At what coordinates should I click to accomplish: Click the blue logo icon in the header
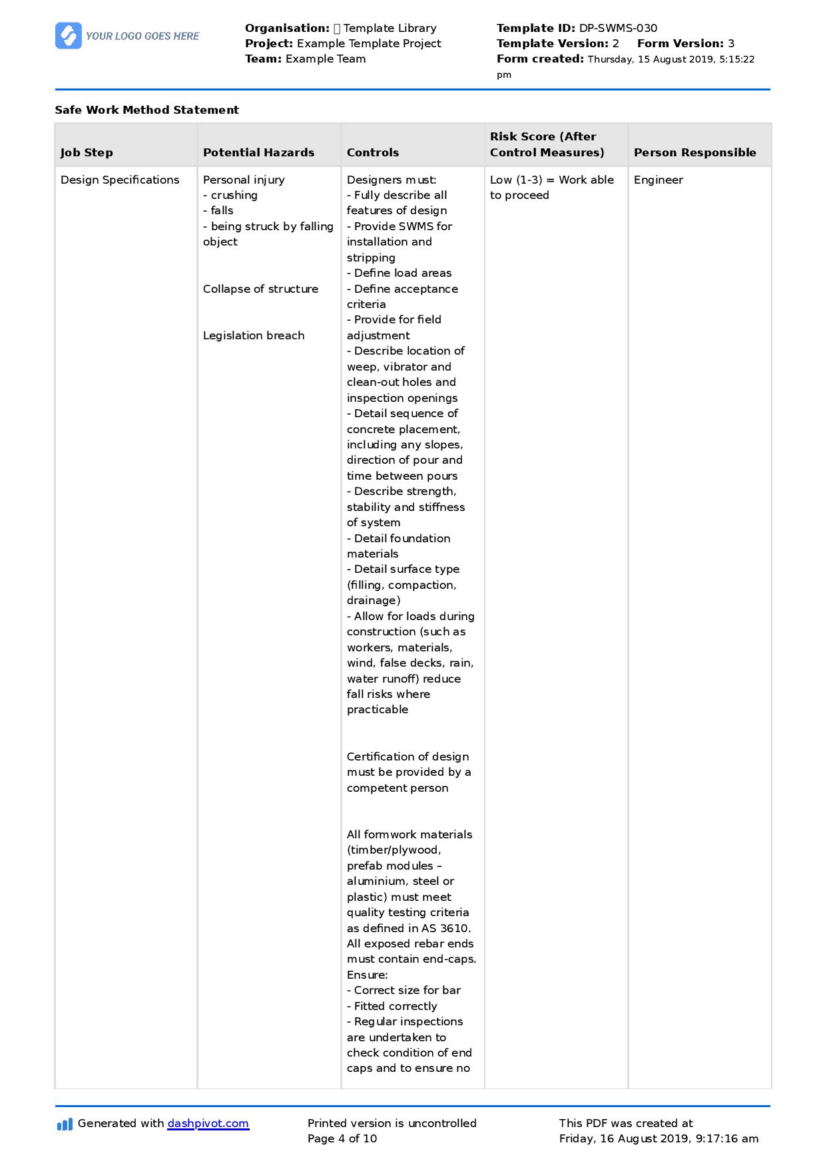pos(69,36)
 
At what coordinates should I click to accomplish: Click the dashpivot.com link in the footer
pos(208,1123)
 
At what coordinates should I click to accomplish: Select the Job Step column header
pos(87,152)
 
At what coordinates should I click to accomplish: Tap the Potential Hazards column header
pos(258,152)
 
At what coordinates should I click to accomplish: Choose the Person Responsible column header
pos(694,152)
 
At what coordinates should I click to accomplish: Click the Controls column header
pos(373,152)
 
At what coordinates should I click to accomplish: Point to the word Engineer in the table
pos(658,180)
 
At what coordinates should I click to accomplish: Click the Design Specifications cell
pos(120,180)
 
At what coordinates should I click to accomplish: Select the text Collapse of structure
pos(260,289)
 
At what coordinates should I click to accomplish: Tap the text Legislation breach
pos(254,335)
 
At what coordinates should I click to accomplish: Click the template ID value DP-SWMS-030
pos(618,28)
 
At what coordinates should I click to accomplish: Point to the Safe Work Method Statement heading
pos(146,110)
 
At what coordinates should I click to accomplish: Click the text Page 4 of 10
pos(342,1138)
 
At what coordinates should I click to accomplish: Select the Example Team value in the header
pos(326,59)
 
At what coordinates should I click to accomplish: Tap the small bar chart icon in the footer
pos(65,1124)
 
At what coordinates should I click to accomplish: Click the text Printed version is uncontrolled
pos(392,1123)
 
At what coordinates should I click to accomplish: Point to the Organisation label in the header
pos(287,28)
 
